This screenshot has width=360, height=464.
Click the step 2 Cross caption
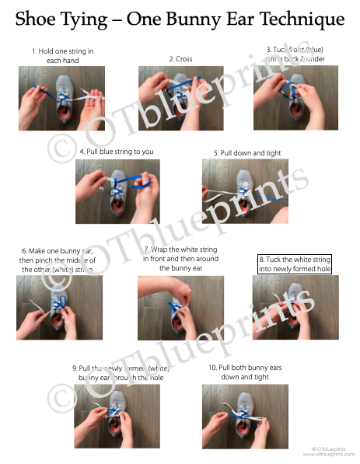pyautogui.click(x=180, y=59)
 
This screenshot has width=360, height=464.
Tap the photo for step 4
pyautogui.click(x=117, y=191)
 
